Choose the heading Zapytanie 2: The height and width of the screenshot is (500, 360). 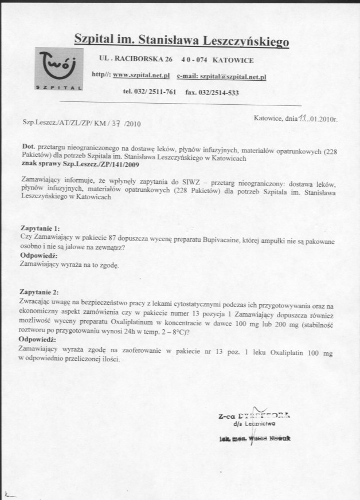pyautogui.click(x=40, y=292)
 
